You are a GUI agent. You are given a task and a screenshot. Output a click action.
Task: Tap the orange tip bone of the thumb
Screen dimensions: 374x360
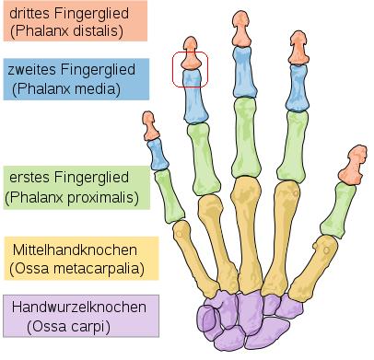(353, 166)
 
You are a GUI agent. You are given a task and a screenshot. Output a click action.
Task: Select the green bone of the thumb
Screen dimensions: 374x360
(338, 210)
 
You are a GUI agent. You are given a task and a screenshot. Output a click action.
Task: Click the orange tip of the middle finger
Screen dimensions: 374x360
(241, 29)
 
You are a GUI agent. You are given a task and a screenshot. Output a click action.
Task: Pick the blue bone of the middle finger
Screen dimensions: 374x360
(244, 72)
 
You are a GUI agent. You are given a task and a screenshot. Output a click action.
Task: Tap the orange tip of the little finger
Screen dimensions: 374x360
(150, 126)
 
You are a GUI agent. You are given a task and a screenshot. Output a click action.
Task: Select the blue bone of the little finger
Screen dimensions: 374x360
(158, 155)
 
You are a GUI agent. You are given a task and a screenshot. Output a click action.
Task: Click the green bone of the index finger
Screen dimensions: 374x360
(292, 145)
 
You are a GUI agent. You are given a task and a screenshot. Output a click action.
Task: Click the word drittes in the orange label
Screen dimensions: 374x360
(29, 13)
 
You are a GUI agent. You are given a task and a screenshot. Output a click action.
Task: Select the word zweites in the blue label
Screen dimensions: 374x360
(31, 69)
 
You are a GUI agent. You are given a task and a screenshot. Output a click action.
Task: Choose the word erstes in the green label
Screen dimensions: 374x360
(29, 178)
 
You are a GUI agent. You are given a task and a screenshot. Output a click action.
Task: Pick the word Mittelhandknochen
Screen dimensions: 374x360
(75, 250)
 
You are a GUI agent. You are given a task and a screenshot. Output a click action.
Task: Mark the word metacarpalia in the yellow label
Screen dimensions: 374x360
(99, 269)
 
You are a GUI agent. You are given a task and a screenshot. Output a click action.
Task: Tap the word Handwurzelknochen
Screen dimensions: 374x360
(79, 307)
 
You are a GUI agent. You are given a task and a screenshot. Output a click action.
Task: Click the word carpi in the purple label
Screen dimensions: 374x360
(92, 327)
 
